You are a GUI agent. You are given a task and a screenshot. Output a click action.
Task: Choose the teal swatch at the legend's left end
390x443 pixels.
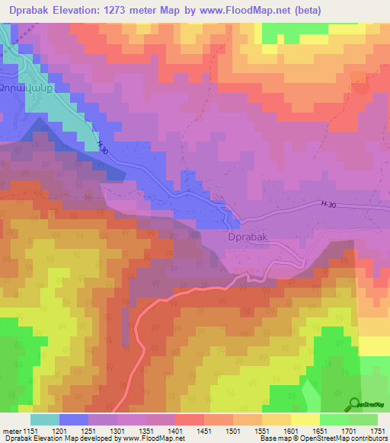44,419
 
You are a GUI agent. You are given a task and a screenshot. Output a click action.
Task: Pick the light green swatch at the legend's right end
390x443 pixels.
363,419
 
